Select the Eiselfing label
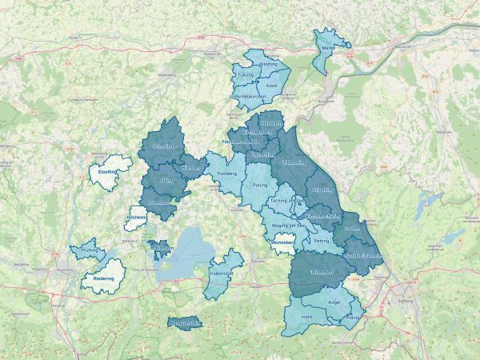pyautogui.click(x=107, y=171)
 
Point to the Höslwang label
pyautogui.click(x=136, y=218)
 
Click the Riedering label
pyautogui.click(x=104, y=278)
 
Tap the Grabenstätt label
pyautogui.click(x=221, y=273)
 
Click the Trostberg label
pyautogui.click(x=227, y=174)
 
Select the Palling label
pyautogui.click(x=260, y=185)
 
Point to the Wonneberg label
pyautogui.click(x=284, y=242)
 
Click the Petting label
pyautogui.click(x=322, y=240)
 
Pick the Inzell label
pyautogui.click(x=306, y=317)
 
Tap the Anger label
pyautogui.click(x=335, y=302)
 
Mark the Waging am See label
pyautogui.click(x=289, y=226)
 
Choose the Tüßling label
pyautogui.click(x=245, y=74)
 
